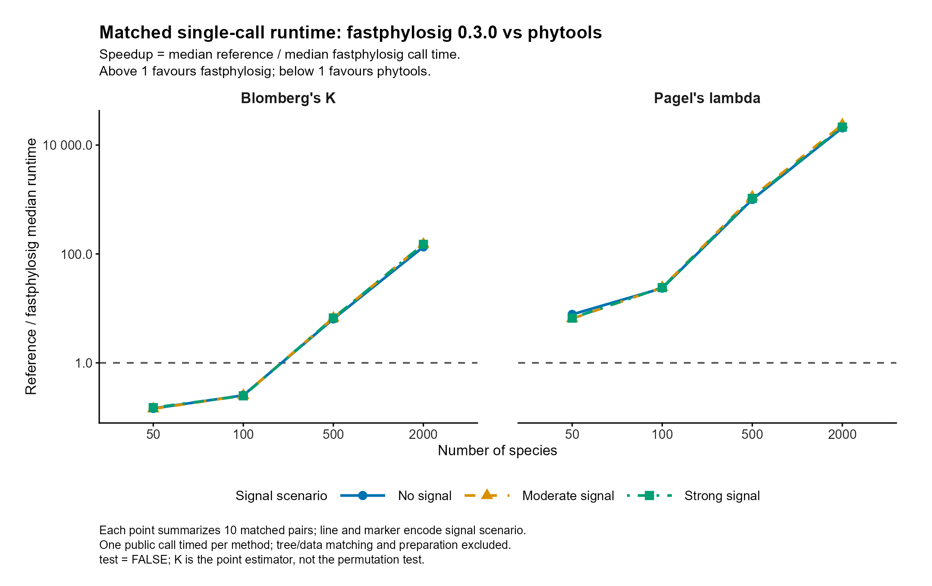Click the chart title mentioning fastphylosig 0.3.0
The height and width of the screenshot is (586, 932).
click(x=350, y=33)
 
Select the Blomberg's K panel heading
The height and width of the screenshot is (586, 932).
click(x=288, y=98)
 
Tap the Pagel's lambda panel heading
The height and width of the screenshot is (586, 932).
click(x=707, y=98)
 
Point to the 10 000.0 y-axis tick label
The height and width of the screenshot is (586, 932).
click(x=68, y=145)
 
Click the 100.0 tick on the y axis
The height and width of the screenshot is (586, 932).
click(x=77, y=254)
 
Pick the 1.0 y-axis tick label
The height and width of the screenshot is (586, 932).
click(x=84, y=363)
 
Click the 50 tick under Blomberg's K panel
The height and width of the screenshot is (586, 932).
click(x=153, y=434)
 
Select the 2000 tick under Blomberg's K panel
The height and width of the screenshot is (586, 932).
click(x=423, y=434)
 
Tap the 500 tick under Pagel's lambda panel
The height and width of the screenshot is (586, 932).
click(x=752, y=434)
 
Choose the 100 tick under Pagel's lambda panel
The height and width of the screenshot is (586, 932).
click(x=662, y=434)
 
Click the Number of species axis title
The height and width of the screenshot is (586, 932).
click(x=497, y=451)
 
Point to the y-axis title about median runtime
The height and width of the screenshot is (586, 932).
click(x=31, y=266)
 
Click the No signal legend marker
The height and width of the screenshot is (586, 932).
click(x=363, y=495)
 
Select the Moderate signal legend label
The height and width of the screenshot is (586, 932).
click(x=568, y=496)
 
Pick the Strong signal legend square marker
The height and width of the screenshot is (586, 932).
click(x=648, y=495)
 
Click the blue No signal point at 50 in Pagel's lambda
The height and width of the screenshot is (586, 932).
click(x=572, y=314)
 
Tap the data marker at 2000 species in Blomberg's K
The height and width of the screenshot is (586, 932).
click(x=423, y=245)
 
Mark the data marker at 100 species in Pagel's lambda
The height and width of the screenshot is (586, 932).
click(x=662, y=288)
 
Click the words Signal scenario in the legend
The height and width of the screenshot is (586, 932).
click(x=281, y=496)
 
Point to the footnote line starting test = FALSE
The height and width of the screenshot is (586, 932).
click(x=262, y=560)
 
